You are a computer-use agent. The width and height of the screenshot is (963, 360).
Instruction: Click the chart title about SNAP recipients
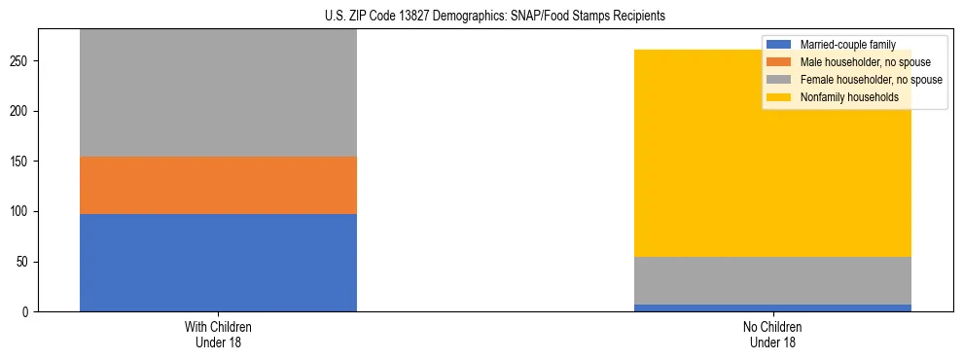[x=495, y=17]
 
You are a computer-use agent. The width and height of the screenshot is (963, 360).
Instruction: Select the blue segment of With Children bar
[x=218, y=263]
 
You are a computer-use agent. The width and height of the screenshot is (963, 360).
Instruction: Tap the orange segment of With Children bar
[x=218, y=185]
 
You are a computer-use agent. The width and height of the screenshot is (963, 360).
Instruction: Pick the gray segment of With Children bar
[x=218, y=92]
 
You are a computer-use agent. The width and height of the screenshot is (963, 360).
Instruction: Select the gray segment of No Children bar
[x=772, y=280]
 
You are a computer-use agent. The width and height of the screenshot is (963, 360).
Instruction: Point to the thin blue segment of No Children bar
[x=772, y=308]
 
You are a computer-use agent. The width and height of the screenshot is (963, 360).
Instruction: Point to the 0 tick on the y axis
[x=29, y=312]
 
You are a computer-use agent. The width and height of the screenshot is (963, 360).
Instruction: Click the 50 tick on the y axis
[x=26, y=262]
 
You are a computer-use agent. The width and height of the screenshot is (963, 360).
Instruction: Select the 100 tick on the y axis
[x=23, y=211]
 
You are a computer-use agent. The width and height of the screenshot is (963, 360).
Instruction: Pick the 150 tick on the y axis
[x=23, y=162]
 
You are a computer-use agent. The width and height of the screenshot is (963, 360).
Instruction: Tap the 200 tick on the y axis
[x=23, y=111]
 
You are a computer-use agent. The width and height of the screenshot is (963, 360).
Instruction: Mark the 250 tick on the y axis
[x=23, y=61]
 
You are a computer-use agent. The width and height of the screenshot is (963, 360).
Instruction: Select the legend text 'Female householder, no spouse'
[x=871, y=80]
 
